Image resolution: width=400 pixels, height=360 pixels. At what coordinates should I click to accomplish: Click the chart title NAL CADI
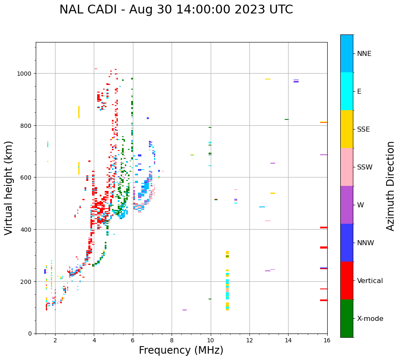pos(176,10)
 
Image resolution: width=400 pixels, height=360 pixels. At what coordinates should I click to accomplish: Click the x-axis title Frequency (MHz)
pos(181,350)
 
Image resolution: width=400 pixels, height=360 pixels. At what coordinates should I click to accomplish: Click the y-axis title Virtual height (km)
pos(9,188)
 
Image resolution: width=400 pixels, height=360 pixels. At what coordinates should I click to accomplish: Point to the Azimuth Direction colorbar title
pos(391,186)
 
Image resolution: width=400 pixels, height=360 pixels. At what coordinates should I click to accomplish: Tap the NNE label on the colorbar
pos(364,54)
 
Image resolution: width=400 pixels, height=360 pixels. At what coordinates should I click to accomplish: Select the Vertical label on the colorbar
pos(370,281)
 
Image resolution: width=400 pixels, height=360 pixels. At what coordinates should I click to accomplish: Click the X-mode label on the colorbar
pos(370,319)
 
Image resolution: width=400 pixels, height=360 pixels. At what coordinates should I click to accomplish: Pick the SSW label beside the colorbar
pos(365,167)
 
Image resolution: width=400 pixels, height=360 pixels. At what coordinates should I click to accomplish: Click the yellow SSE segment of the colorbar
pos(347,129)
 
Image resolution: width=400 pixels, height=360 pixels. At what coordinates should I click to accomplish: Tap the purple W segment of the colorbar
pos(347,205)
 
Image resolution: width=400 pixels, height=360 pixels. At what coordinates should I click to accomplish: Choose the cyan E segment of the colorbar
pos(347,91)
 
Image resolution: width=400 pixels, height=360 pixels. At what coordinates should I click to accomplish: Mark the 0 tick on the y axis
pos(30,334)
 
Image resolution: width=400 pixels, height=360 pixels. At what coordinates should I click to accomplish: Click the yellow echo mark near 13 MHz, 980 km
pos(268,79)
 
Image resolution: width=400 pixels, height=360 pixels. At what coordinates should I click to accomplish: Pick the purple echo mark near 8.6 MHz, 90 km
pos(185,310)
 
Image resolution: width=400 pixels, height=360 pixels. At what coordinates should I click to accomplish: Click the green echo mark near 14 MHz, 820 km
pos(287,119)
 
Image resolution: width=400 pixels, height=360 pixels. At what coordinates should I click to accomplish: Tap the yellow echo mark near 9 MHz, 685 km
pos(192,155)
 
